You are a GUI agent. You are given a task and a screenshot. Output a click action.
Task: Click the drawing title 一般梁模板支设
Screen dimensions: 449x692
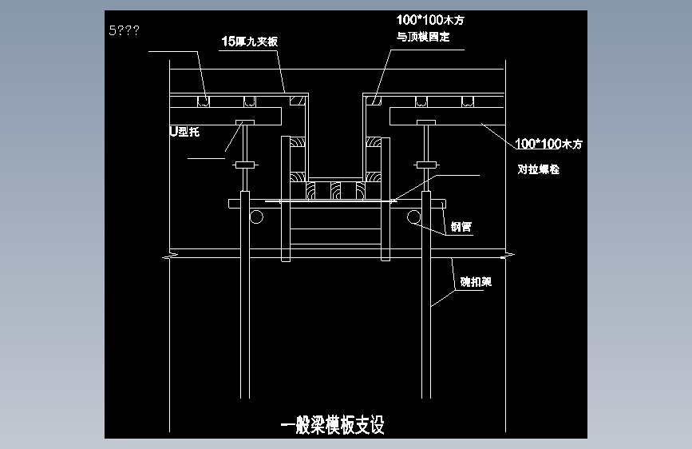coord(333,425)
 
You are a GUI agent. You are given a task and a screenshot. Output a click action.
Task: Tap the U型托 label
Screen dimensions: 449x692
coord(184,132)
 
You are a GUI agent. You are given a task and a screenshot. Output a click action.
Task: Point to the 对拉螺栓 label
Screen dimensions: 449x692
coord(539,169)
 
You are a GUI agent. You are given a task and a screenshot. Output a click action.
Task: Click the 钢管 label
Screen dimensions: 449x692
coord(461,227)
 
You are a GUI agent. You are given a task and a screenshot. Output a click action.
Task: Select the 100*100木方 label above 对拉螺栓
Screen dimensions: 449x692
coord(549,145)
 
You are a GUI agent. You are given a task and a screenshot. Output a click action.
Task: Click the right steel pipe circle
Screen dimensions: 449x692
coord(413,217)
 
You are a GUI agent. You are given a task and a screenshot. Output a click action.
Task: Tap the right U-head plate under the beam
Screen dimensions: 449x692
coord(424,121)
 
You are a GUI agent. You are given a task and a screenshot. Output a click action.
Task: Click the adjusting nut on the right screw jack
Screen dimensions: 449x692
coord(424,165)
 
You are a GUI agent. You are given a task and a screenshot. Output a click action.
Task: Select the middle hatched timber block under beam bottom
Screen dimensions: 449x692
coord(336,190)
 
